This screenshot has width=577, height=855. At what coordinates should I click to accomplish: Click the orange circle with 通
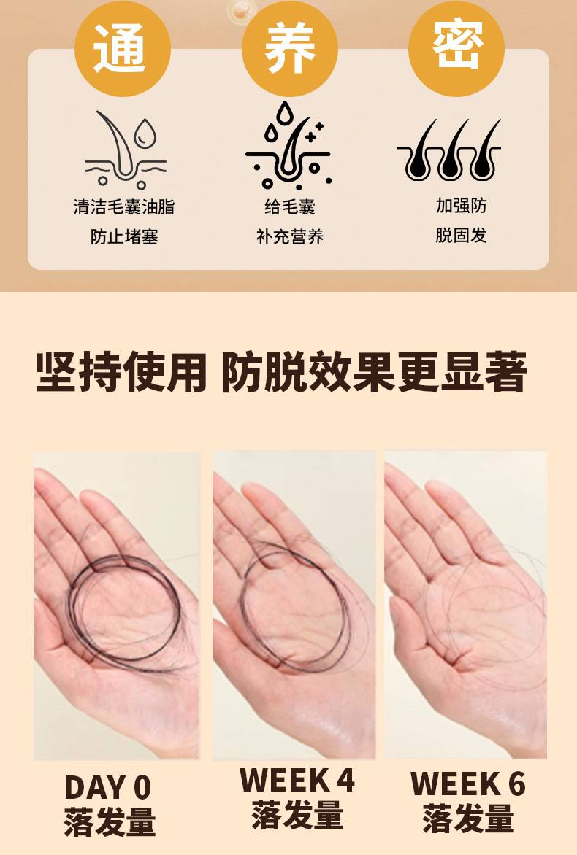[x=122, y=48]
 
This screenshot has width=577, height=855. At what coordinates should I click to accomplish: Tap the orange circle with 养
[x=289, y=48]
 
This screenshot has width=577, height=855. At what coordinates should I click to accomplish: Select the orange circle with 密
[x=456, y=48]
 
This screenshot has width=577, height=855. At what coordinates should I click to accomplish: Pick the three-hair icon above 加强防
[x=449, y=150]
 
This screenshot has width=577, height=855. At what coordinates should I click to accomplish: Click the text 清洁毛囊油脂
[x=124, y=206]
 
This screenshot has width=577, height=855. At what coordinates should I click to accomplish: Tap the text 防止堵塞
[x=124, y=236]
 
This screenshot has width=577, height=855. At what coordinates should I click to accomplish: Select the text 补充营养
[x=290, y=236]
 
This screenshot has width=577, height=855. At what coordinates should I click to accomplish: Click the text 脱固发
[x=461, y=236]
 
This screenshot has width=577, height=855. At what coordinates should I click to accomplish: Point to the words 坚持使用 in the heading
[x=121, y=373]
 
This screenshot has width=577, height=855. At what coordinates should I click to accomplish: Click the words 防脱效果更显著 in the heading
[x=374, y=373]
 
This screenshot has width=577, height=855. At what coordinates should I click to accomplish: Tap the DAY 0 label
[x=107, y=787]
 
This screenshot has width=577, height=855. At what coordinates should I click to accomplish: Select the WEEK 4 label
[x=297, y=780]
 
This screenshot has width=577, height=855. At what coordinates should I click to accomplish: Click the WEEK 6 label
[x=468, y=784]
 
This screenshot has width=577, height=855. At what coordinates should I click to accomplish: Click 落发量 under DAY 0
[x=110, y=821]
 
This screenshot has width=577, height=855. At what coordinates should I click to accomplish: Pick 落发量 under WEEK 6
[x=468, y=818]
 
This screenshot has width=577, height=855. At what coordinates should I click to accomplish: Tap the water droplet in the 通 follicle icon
[x=146, y=133]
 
